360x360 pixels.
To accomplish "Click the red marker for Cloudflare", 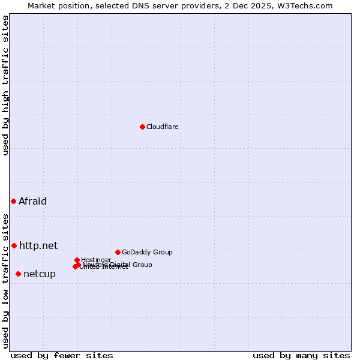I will [142, 127].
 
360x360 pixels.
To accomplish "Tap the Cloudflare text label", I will [162, 127].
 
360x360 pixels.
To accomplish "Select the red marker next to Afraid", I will [13, 201].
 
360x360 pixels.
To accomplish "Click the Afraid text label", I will [32, 201].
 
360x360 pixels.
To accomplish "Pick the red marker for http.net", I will [14, 245].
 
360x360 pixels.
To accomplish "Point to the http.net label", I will [38, 245].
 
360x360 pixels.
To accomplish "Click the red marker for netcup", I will [18, 274].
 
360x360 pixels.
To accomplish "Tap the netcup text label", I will [39, 274].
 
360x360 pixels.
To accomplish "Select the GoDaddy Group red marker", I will [118, 252].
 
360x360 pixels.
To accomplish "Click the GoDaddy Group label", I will [147, 252].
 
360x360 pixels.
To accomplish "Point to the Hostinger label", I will [96, 260].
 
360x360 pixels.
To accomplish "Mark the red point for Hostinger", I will [77, 260].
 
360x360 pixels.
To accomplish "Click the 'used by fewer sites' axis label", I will [62, 355].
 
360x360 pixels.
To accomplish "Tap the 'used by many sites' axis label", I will [301, 355].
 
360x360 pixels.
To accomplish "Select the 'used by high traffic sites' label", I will [5, 85].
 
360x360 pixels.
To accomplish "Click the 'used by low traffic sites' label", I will [5, 281].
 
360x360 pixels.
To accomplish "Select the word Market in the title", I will [42, 5].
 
